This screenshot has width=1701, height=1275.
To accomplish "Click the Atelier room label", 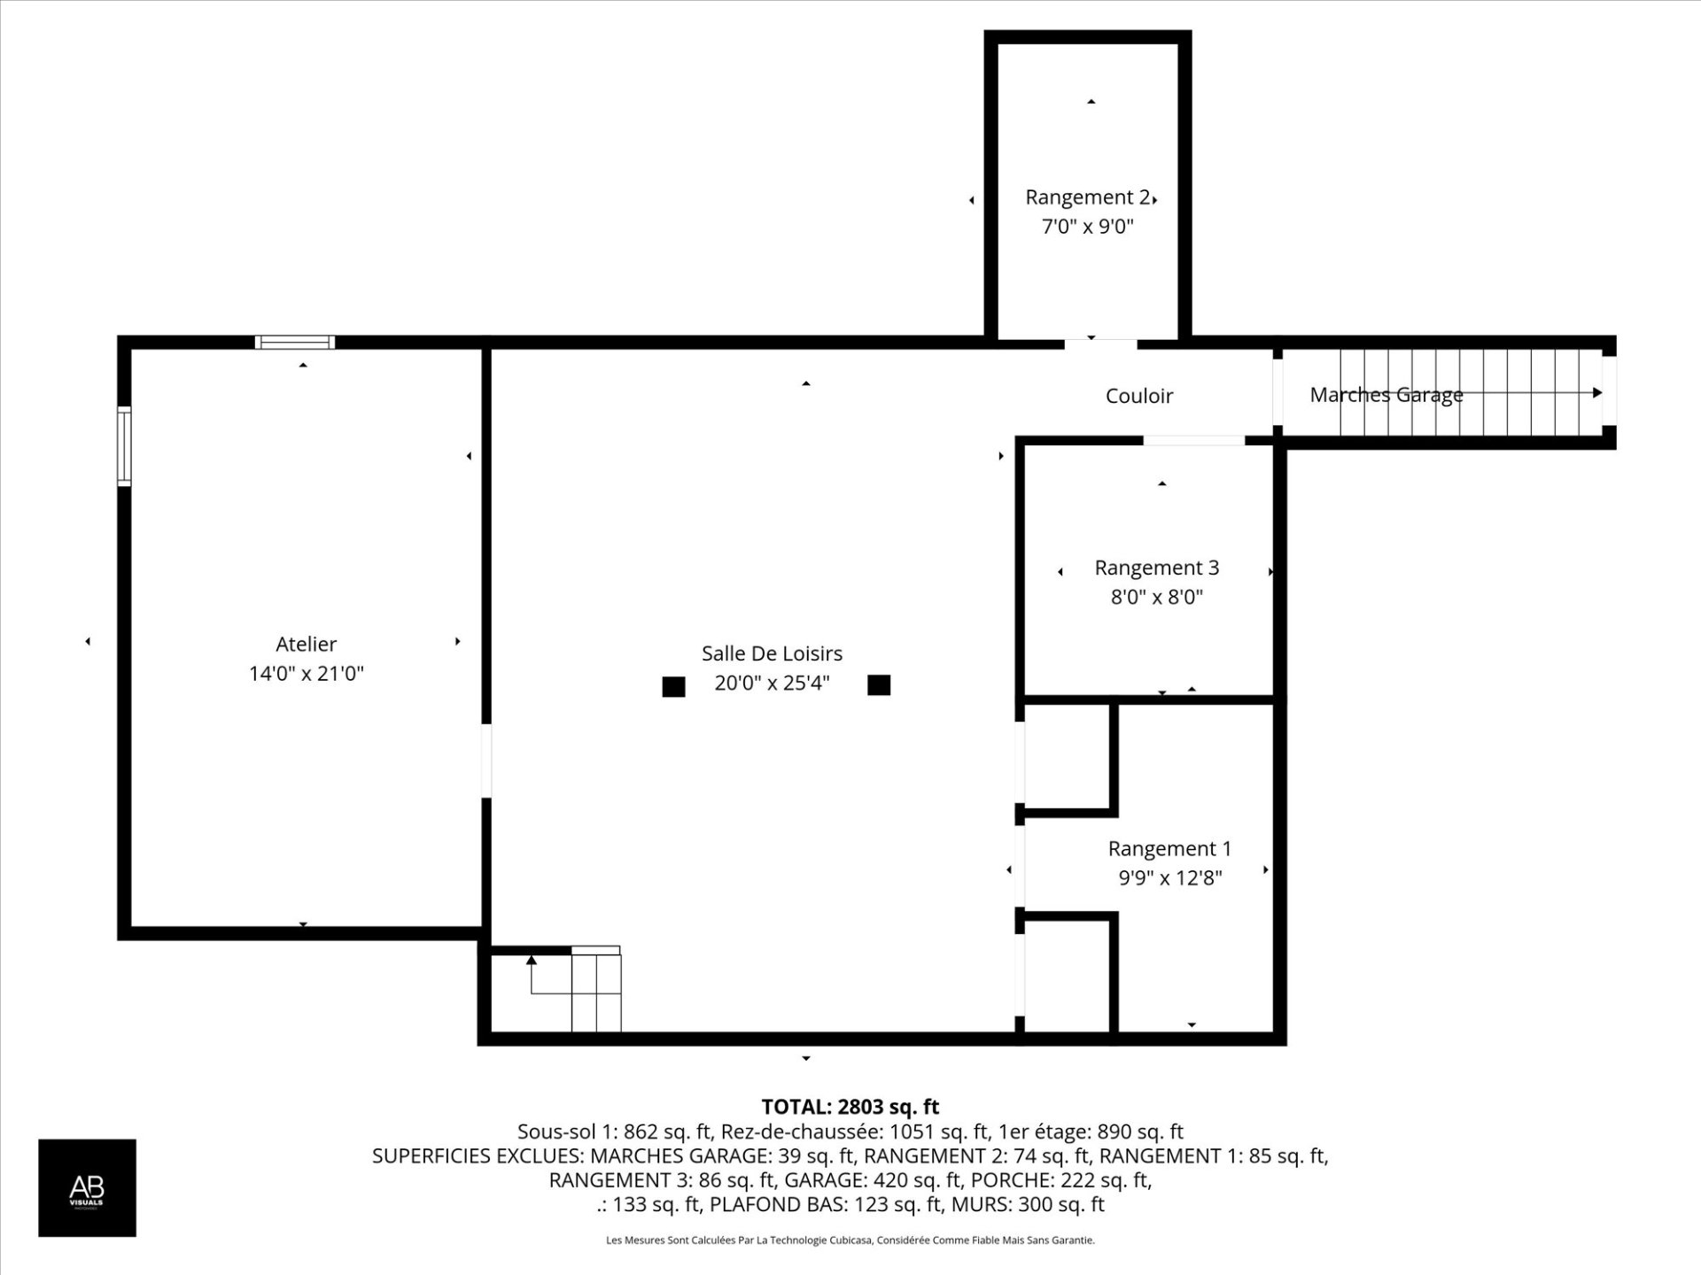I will click(x=306, y=644).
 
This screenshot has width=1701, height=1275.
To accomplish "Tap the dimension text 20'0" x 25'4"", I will click(x=772, y=683).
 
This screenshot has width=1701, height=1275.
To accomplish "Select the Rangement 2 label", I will click(x=1087, y=197).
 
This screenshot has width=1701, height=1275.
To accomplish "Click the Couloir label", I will click(x=1138, y=396).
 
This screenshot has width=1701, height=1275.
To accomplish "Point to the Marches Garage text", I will click(x=1386, y=395).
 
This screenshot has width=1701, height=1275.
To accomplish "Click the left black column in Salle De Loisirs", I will click(x=673, y=686).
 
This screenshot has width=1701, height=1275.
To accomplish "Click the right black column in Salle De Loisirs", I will click(x=879, y=684).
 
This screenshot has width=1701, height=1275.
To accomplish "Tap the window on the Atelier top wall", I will click(x=295, y=342).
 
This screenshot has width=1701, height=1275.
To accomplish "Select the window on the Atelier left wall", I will click(x=125, y=446).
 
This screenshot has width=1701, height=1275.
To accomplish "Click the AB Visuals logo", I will click(x=87, y=1187).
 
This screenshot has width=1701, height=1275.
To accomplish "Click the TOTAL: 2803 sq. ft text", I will click(x=850, y=1107).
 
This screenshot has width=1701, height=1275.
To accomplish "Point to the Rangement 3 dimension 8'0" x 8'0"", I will click(x=1156, y=597).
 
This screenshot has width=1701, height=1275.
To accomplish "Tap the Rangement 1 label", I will click(x=1169, y=848).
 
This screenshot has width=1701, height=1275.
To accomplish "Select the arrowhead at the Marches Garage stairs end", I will click(x=1597, y=392).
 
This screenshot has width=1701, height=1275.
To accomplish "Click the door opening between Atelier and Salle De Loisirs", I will click(x=486, y=761).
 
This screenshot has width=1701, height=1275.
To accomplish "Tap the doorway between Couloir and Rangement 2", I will click(x=1100, y=341).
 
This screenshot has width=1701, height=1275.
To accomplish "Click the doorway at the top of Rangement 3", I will click(x=1193, y=440).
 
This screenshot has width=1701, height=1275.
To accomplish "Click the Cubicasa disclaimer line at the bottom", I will click(x=850, y=1240).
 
